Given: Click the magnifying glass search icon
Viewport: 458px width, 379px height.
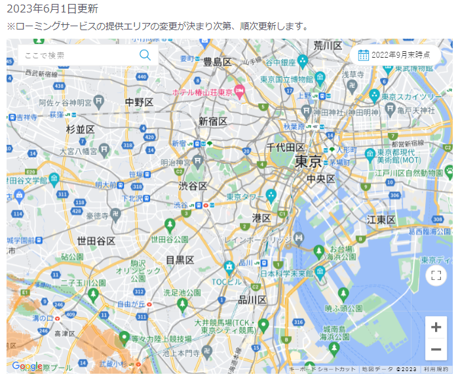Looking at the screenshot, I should point(145,55).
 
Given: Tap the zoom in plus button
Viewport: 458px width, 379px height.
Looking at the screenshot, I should point(436,327).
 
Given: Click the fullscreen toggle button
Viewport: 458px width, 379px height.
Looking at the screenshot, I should point(436,275).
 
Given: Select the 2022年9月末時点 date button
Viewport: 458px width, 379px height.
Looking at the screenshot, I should point(394,55).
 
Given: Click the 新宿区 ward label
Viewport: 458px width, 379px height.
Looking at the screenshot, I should point(213,121).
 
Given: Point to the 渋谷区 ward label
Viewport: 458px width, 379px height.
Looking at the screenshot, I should point(193,186).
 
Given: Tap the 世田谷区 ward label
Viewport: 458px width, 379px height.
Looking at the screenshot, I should point(96,241).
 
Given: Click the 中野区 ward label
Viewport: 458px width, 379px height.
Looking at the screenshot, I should point(139,102).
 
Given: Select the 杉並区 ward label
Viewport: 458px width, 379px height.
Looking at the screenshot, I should point(81,129).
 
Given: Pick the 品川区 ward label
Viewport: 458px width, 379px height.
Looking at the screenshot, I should point(252,300).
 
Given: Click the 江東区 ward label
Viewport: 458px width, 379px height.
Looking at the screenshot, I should point(381,219).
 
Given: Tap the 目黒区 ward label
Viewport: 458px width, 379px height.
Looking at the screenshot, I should point(180,260).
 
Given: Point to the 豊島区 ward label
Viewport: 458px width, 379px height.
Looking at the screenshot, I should point(218,62).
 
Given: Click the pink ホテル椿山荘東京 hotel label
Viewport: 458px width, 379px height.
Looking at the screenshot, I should point(202,92).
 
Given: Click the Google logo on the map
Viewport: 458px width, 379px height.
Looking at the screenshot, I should point(27,366).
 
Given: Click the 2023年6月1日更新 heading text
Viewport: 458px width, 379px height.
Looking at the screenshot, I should point(52,9).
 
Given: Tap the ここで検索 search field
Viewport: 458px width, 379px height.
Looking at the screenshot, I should point(75,55).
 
